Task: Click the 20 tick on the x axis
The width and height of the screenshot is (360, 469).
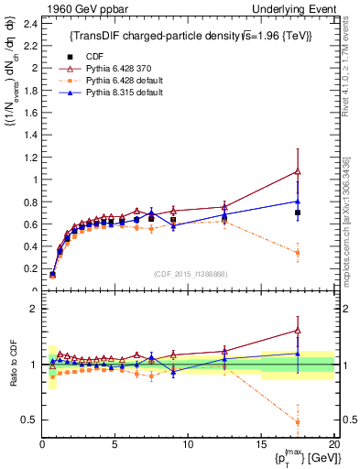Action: (333, 445)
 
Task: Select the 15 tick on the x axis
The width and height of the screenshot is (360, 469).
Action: (261, 445)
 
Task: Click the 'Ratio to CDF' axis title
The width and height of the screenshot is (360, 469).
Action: (13, 365)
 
